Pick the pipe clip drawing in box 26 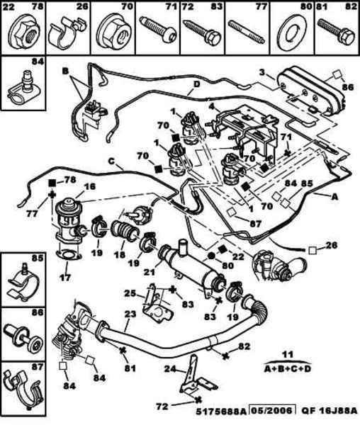click(66, 33)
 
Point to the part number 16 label click(90, 186)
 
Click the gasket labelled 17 click(68, 255)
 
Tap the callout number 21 click(150, 271)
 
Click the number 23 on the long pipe click(130, 314)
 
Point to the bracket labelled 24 click(195, 375)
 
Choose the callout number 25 click(130, 293)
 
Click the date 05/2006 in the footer click(272, 411)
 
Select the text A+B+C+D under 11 click(288, 368)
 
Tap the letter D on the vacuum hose click(196, 84)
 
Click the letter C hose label click(112, 161)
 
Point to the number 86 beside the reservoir click(348, 87)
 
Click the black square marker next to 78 click(52, 183)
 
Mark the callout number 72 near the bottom click(162, 406)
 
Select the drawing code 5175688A click(220, 412)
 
